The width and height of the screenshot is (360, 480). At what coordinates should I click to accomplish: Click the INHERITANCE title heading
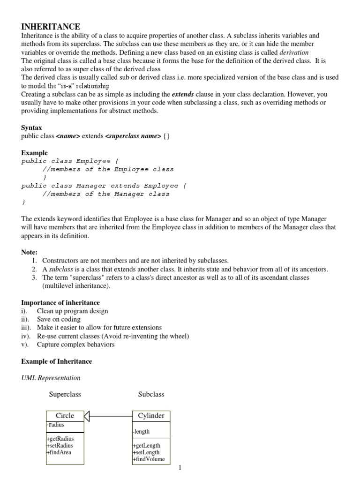coord(51,27)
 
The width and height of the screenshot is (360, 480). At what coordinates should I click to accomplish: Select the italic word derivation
coord(294,52)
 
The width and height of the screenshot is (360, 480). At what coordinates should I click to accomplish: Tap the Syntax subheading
coord(31,127)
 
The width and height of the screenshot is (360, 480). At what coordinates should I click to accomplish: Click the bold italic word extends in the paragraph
coord(183,94)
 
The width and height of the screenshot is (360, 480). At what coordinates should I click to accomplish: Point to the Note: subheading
coord(29,252)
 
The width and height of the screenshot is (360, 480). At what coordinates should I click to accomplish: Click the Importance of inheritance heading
coord(60,303)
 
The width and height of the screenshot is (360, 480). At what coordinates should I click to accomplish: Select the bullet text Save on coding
coord(59,319)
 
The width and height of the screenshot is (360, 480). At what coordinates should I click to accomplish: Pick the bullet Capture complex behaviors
coord(75,345)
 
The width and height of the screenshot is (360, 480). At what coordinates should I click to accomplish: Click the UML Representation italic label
coord(51,377)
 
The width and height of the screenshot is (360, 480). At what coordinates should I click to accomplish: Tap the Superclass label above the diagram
coord(65,394)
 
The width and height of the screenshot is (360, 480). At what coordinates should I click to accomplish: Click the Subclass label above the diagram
coord(151,394)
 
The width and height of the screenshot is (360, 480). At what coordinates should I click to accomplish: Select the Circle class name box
coord(65,415)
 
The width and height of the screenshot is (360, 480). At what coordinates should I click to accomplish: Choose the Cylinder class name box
coord(151,415)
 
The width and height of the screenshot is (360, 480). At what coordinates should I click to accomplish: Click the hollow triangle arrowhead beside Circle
coord(87,415)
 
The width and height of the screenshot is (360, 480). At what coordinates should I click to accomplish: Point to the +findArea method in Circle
coord(59,452)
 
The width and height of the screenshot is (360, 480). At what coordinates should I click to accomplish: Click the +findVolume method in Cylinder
coord(149,459)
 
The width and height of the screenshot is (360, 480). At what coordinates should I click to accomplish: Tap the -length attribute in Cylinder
coord(141,431)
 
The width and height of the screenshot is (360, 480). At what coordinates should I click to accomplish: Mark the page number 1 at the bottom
coord(180,467)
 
